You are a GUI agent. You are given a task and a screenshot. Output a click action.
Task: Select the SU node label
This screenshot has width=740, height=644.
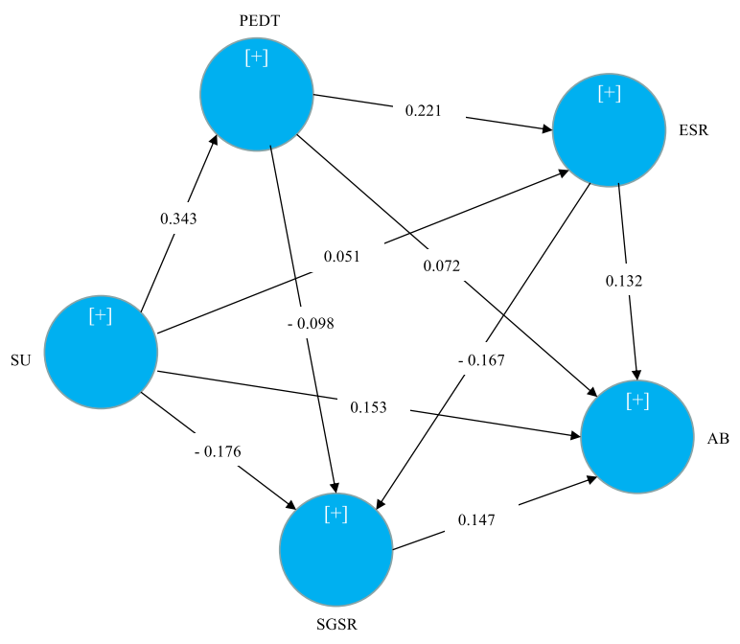coord(20,360)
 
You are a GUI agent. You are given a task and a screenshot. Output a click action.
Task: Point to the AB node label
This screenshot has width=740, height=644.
coord(718,437)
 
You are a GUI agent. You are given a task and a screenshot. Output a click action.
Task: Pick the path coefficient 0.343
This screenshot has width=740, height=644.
coord(178,218)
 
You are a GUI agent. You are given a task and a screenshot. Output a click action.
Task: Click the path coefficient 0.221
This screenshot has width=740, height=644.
coord(424,110)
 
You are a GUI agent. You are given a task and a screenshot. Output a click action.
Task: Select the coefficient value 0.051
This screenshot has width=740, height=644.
coord(341,257)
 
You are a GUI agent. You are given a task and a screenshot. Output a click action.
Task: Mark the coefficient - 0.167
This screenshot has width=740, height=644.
coord(481,360)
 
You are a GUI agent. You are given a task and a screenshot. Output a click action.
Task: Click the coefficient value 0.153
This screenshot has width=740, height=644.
coord(368,407)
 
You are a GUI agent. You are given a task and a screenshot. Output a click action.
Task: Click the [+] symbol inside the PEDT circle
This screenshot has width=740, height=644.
coord(256,57)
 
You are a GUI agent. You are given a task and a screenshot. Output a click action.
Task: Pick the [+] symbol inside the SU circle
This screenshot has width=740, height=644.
coord(100,315)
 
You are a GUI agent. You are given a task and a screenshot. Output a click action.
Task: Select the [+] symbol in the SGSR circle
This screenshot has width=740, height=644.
coord(335,514)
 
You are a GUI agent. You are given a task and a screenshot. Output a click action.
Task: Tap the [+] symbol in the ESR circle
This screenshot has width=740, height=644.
coord(609,93)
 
